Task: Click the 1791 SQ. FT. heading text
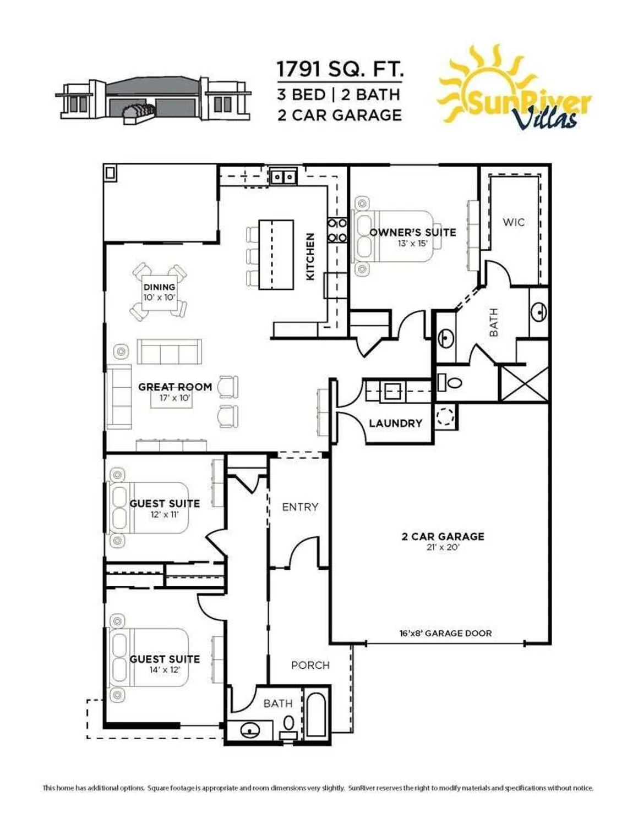(340, 69)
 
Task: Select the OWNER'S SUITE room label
(412, 232)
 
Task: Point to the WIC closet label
(513, 222)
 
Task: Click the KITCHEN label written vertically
(310, 256)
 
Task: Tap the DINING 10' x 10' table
(159, 292)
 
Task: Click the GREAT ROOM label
(175, 387)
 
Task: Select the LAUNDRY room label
(395, 423)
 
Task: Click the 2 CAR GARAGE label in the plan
(443, 536)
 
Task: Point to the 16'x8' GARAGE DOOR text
(445, 633)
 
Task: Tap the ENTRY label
(300, 507)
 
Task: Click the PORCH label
(310, 665)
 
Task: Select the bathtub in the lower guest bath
(315, 714)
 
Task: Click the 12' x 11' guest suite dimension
(164, 515)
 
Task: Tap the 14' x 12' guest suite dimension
(164, 670)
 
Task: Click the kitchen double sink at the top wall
(283, 177)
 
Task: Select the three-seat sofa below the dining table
(170, 351)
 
